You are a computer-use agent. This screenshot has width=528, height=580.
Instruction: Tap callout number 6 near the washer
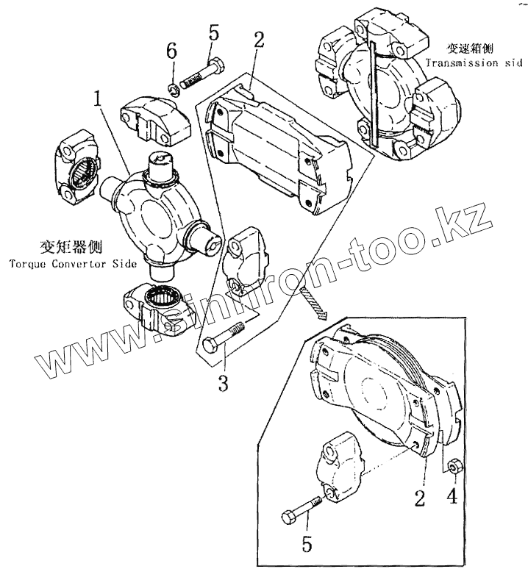171,51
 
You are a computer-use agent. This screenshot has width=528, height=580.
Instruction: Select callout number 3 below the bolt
223,382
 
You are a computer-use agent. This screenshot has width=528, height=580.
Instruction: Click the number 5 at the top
214,32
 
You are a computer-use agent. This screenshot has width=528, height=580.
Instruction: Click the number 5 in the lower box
307,545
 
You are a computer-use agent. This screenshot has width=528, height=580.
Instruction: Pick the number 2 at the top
259,40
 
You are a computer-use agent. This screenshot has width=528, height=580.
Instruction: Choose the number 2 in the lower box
419,499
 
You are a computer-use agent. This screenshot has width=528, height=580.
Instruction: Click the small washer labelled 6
173,90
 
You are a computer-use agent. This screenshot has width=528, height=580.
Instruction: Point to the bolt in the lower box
302,509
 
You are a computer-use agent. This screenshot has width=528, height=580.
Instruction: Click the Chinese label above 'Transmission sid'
468,49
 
